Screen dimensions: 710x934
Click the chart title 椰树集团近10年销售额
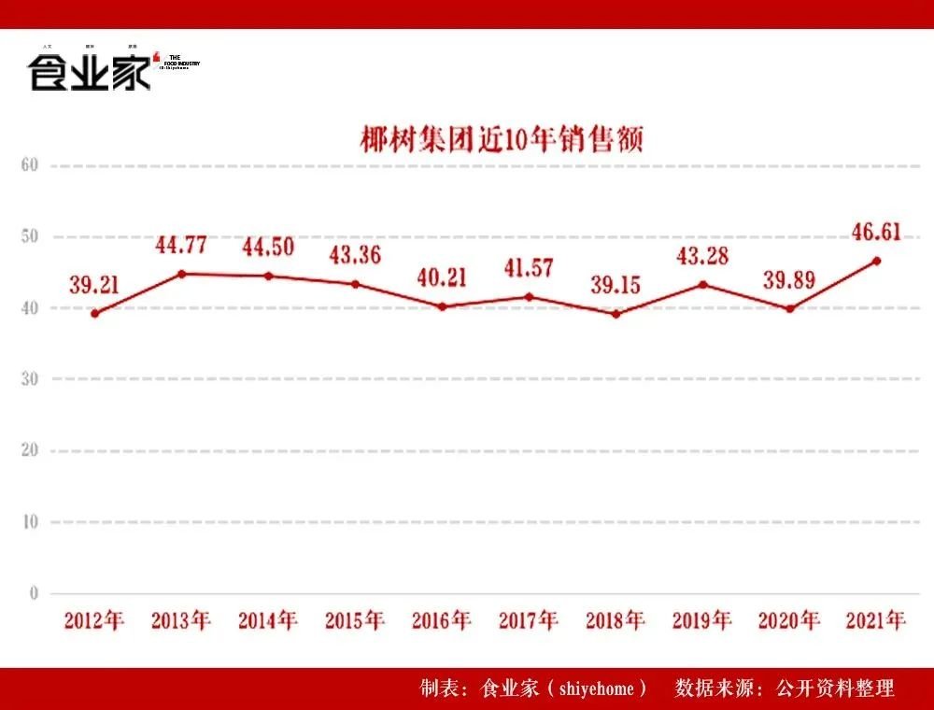502,140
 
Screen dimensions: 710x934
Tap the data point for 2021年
876,261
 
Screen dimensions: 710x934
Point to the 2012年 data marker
94,313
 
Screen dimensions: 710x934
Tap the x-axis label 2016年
442,620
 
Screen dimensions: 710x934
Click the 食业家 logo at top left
90,72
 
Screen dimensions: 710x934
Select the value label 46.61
876,232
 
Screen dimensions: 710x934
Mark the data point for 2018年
616,314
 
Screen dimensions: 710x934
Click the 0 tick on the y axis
33,593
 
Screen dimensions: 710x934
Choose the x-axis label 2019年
702,620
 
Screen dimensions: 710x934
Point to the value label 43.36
355,255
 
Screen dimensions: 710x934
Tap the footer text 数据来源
711,689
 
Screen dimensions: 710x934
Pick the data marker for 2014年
268,276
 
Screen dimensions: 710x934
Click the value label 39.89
789,280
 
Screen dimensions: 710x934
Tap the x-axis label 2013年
181,620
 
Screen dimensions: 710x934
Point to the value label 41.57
528,268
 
